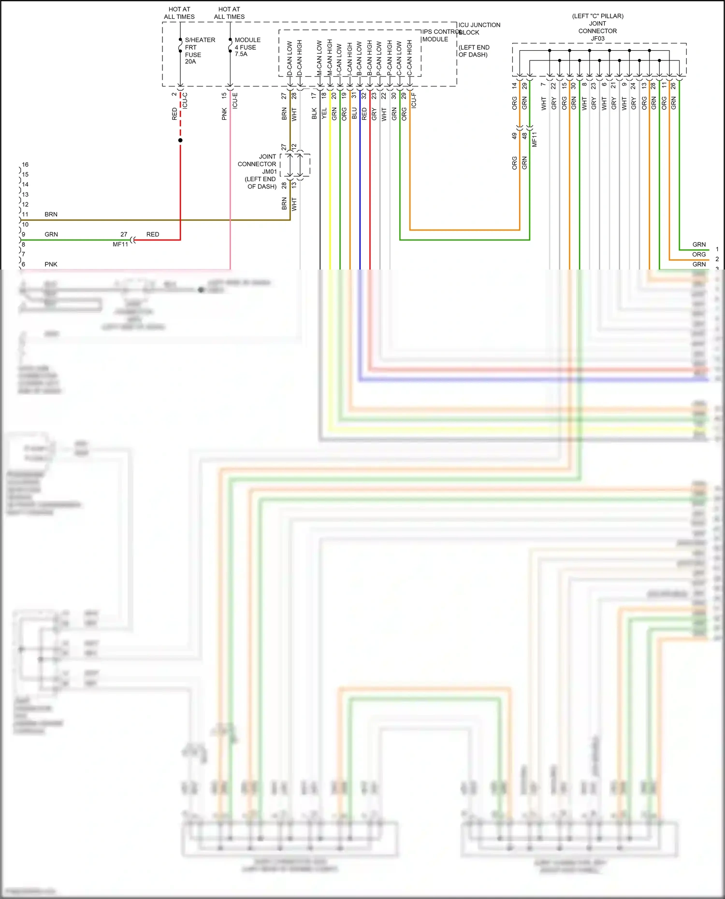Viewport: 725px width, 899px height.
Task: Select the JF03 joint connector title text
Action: [597, 27]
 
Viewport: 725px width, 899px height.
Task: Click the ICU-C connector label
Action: [185, 100]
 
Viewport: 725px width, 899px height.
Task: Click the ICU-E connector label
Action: [235, 100]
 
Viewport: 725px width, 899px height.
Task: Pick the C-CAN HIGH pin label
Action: [409, 58]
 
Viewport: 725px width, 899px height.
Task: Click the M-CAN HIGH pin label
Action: [330, 57]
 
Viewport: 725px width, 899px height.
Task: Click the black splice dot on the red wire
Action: [180, 141]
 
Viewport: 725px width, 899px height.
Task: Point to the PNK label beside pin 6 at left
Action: [51, 264]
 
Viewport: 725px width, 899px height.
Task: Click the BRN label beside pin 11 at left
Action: [51, 214]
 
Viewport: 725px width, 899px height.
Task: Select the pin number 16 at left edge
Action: [25, 164]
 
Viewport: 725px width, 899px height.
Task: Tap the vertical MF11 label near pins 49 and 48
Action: [535, 140]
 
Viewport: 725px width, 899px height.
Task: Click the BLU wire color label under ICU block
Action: [354, 114]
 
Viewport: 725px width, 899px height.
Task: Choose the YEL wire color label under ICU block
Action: [324, 114]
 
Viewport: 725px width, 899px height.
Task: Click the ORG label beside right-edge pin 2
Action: [698, 254]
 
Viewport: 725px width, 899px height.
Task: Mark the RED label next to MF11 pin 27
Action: [153, 234]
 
